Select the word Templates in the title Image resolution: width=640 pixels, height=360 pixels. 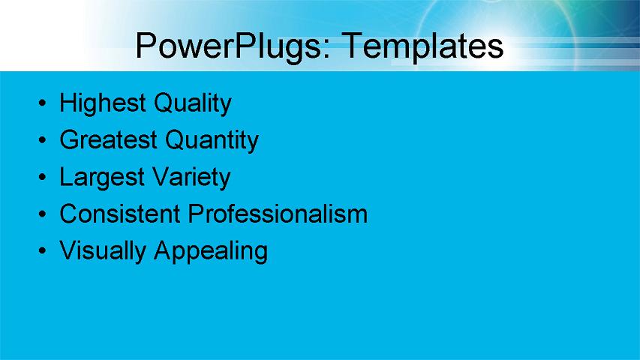(422, 46)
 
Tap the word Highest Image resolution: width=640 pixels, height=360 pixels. (103, 103)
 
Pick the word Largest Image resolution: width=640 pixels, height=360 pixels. (102, 178)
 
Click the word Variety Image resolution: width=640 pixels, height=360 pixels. (191, 178)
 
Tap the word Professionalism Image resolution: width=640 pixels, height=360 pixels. (278, 214)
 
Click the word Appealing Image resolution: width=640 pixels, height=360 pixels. (210, 250)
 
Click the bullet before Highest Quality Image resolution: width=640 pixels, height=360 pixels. (44, 103)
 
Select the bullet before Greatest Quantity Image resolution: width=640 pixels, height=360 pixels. (44, 140)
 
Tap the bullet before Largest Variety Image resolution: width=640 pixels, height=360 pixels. (44, 178)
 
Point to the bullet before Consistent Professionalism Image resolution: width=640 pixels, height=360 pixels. (44, 214)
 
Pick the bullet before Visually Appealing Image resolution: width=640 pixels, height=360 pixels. (44, 251)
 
